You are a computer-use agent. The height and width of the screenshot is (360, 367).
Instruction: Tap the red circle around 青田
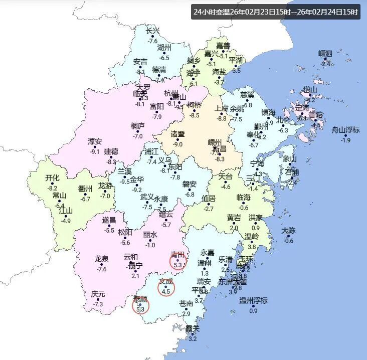(178, 260)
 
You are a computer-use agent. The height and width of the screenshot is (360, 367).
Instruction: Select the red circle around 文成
(166, 288)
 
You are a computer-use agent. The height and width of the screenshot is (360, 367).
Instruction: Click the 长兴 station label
(152, 31)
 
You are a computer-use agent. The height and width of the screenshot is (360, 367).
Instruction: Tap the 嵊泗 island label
(325, 54)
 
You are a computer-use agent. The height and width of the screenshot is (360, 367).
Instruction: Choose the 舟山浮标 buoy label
(345, 130)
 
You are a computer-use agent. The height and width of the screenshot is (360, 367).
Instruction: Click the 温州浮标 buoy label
(253, 301)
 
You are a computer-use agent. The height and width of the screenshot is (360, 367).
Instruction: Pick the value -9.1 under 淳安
(94, 151)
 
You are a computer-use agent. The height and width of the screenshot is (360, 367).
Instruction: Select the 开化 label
(52, 178)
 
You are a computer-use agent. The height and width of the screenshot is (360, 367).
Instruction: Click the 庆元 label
(98, 294)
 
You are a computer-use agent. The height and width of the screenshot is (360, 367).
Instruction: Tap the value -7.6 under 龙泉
(101, 269)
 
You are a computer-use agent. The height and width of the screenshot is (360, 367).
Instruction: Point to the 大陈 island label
(288, 231)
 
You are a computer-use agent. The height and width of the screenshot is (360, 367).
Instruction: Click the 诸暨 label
(177, 134)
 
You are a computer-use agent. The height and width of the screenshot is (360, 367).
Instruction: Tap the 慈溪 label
(247, 95)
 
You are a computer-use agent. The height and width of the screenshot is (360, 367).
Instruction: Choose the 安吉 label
(140, 62)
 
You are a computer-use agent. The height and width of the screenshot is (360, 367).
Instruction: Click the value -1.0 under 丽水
(150, 245)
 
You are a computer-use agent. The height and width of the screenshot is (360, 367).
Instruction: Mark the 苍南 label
(186, 304)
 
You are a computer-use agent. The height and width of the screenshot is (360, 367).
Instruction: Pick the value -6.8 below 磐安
(189, 195)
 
